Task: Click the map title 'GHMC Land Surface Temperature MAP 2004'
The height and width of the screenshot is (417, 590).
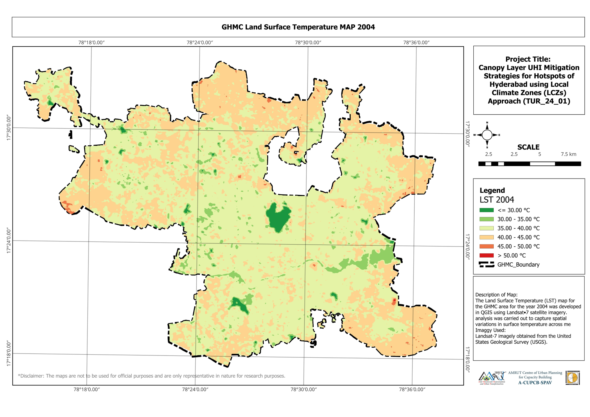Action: click(x=298, y=27)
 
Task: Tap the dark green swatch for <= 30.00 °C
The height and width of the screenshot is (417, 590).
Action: click(x=486, y=210)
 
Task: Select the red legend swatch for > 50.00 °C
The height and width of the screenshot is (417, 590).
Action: click(x=486, y=255)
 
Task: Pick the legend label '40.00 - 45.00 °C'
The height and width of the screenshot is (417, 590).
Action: click(x=518, y=237)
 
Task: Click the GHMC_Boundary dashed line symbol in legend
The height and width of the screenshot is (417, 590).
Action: click(x=486, y=265)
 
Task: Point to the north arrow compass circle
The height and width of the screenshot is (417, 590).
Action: click(x=487, y=135)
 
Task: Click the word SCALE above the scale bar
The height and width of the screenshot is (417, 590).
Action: click(x=528, y=147)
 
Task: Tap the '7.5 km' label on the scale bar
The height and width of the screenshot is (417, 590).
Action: click(x=568, y=154)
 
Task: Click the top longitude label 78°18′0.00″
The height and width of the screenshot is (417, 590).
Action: click(x=91, y=42)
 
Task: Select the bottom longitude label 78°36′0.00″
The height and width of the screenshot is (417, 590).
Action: click(x=412, y=390)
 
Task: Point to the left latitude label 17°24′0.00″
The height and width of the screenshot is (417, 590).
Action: click(x=9, y=241)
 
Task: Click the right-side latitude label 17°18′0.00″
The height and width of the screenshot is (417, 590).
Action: click(x=467, y=359)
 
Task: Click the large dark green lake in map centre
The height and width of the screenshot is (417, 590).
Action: click(x=277, y=217)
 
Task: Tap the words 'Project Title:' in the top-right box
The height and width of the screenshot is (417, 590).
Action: click(x=528, y=59)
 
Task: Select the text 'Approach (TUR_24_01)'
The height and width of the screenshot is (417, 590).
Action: click(x=529, y=101)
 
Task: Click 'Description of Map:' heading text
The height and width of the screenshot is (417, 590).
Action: click(x=496, y=295)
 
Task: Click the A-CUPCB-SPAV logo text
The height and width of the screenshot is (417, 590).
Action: click(x=535, y=383)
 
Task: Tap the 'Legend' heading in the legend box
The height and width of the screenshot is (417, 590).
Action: click(x=492, y=190)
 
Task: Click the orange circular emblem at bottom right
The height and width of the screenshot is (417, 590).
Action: click(x=572, y=378)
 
